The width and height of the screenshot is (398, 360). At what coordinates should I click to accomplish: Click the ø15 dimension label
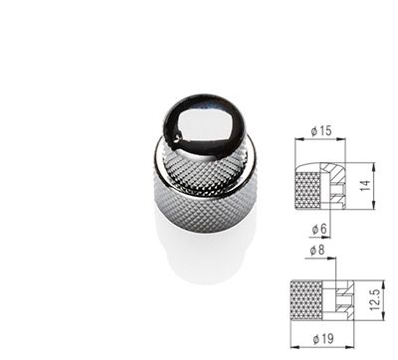pos(321,131)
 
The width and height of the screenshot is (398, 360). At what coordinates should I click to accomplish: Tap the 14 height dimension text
pos(365,185)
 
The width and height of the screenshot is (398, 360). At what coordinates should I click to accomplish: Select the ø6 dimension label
pos(319,229)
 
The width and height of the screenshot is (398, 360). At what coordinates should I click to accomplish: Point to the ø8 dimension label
pos(317,250)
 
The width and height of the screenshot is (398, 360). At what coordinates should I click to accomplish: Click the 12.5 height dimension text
pos(374,299)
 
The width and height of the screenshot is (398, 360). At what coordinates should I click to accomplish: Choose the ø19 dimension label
pos(323,339)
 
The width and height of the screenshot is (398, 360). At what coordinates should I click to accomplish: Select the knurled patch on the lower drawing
pos(306,300)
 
